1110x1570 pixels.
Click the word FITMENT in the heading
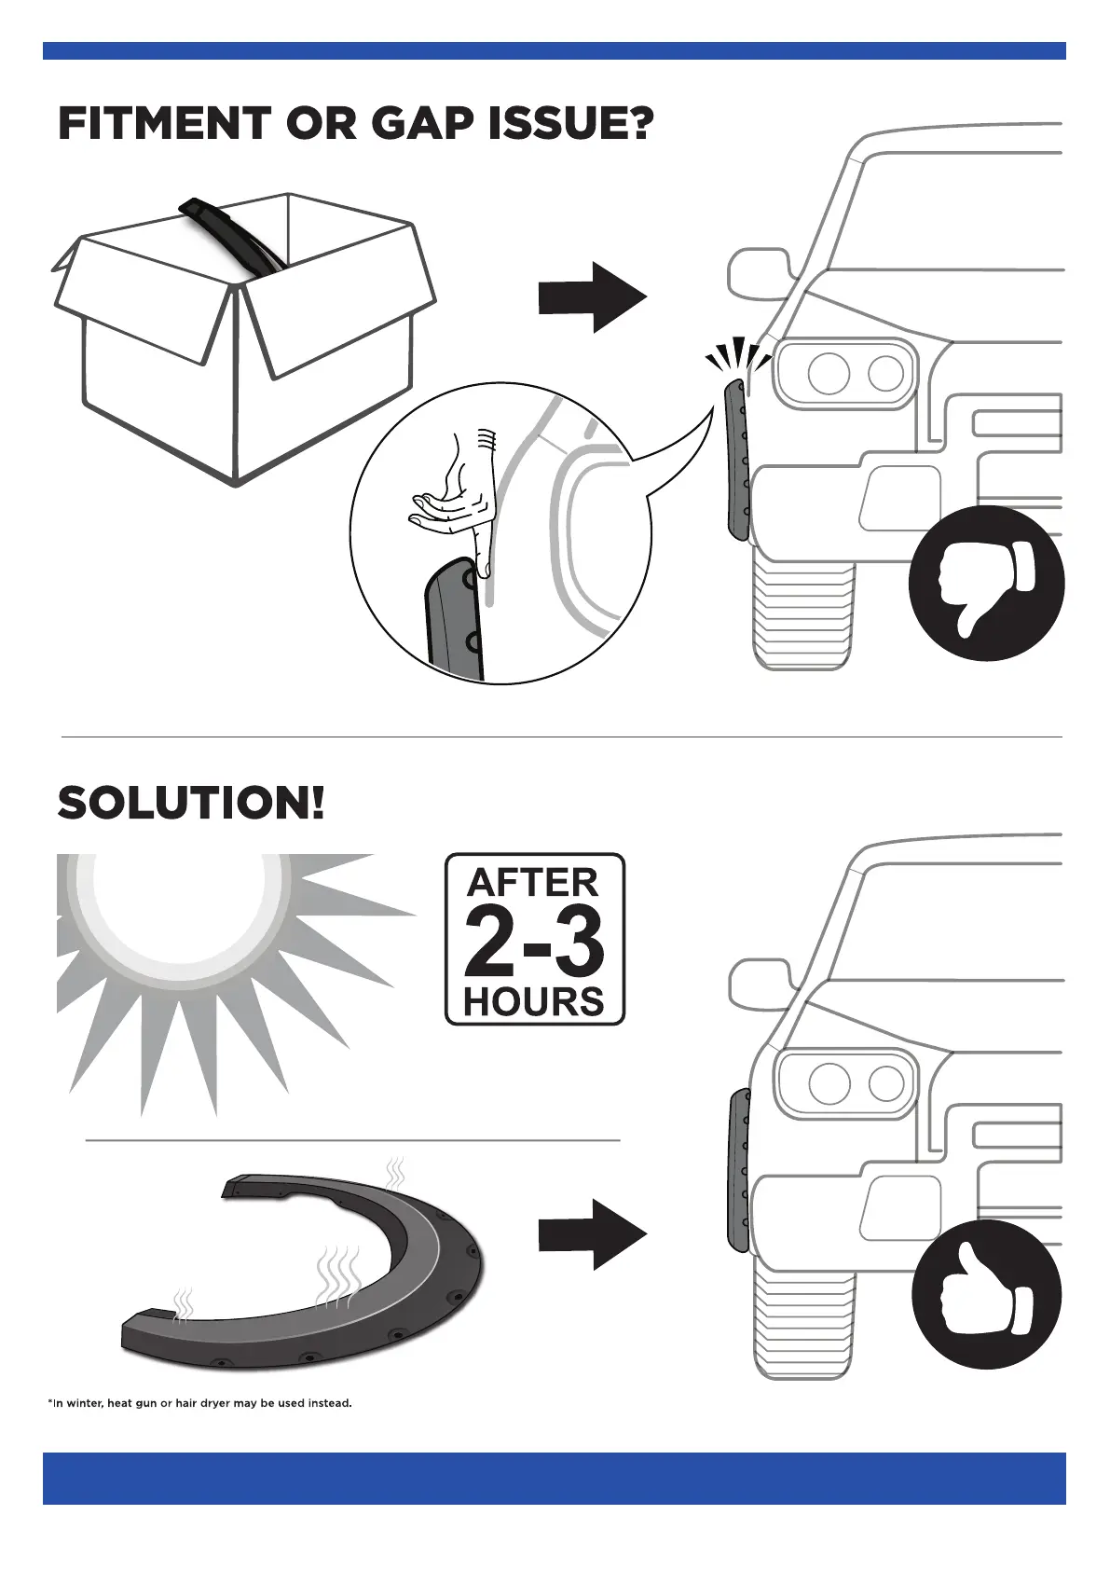164,124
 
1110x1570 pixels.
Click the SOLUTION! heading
192,803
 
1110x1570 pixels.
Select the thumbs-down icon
986,583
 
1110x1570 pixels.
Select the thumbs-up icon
986,1294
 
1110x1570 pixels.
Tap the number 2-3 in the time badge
534,942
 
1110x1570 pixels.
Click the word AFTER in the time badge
533,882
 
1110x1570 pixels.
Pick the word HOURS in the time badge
534,1001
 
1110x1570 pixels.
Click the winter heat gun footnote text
199,1403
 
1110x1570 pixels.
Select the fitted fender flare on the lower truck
738,1170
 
